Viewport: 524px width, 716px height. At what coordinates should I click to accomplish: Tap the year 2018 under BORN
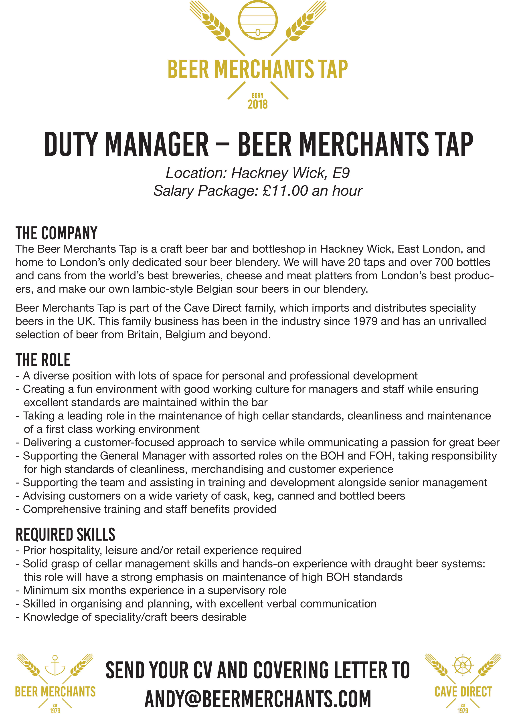(258, 104)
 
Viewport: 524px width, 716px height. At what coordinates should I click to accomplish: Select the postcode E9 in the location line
(341, 173)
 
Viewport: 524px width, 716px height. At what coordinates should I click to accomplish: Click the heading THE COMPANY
(57, 233)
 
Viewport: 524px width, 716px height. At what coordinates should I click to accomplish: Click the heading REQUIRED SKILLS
(65, 535)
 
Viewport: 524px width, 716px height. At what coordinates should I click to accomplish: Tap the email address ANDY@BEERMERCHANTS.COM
(258, 699)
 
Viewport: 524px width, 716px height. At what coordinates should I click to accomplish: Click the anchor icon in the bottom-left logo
(55, 665)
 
